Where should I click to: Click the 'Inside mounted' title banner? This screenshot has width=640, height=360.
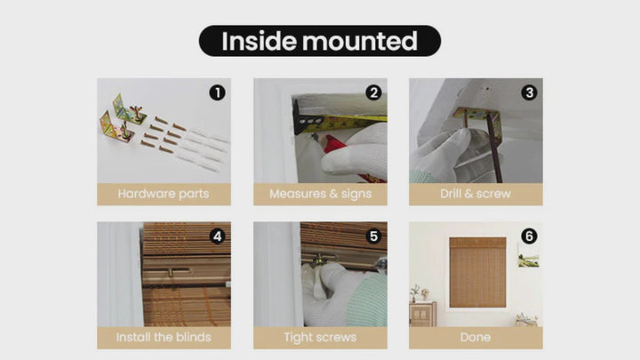click(x=320, y=41)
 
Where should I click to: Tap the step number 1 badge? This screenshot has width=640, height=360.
click(x=217, y=92)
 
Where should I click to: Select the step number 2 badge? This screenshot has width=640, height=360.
click(x=373, y=92)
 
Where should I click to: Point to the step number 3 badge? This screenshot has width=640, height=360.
click(x=529, y=92)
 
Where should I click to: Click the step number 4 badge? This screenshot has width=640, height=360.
click(x=217, y=236)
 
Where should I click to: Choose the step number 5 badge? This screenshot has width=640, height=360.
click(x=373, y=236)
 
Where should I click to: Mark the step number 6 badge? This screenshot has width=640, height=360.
click(x=529, y=236)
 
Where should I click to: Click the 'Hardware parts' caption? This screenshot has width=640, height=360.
click(x=164, y=194)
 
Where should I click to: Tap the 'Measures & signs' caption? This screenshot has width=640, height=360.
click(x=320, y=194)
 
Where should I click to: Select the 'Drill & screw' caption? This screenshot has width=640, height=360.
click(x=476, y=194)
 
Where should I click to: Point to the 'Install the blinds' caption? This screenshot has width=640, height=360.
click(x=164, y=337)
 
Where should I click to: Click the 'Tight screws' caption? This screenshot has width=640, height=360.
click(x=320, y=337)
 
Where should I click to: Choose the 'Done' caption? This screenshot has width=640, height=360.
click(x=476, y=337)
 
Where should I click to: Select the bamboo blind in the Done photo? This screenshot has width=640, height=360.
click(x=477, y=272)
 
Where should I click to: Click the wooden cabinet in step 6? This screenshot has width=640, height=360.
click(x=423, y=314)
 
